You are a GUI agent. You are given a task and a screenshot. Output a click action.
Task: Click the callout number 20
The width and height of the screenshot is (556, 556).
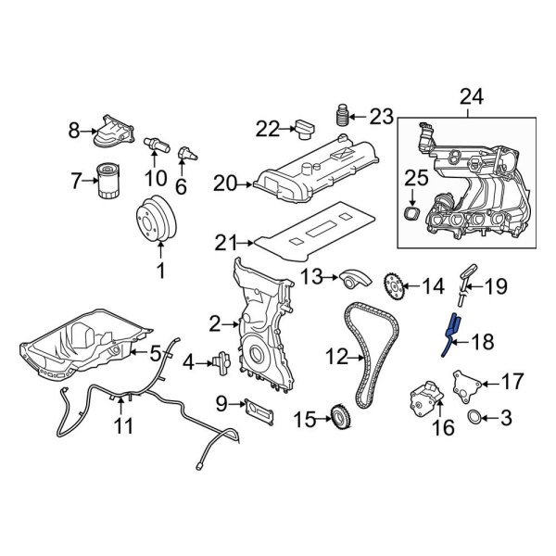click(225, 185)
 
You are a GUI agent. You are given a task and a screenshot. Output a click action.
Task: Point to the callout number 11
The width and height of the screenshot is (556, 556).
click(123, 426)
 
